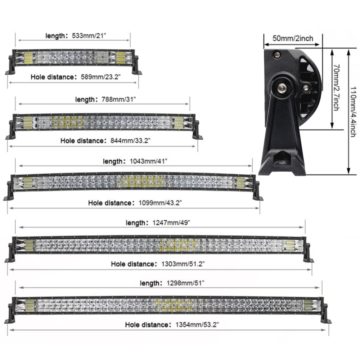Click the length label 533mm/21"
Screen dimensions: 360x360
click(x=89, y=36)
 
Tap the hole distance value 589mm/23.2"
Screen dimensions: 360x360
click(x=101, y=77)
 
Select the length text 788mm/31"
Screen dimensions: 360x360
click(x=119, y=99)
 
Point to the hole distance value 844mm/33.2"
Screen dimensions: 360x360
click(x=130, y=140)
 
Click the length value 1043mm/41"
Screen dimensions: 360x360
click(x=149, y=161)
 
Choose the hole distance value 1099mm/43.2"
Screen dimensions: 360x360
click(x=160, y=203)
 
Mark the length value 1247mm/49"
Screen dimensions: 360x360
click(x=171, y=223)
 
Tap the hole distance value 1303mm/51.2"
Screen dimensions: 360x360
click(x=183, y=264)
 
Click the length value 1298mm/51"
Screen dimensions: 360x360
click(x=185, y=283)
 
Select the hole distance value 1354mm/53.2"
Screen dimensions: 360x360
click(x=197, y=325)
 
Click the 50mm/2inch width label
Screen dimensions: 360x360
click(x=293, y=38)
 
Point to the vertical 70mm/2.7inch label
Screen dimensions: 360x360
click(x=336, y=87)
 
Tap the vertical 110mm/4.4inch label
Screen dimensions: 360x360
click(x=354, y=112)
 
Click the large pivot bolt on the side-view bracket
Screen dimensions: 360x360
click(x=282, y=87)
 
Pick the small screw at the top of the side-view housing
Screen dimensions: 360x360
click(x=278, y=54)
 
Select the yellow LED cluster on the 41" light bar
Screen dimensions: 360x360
click(x=139, y=181)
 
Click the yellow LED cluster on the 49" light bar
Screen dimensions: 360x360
click(x=178, y=244)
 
